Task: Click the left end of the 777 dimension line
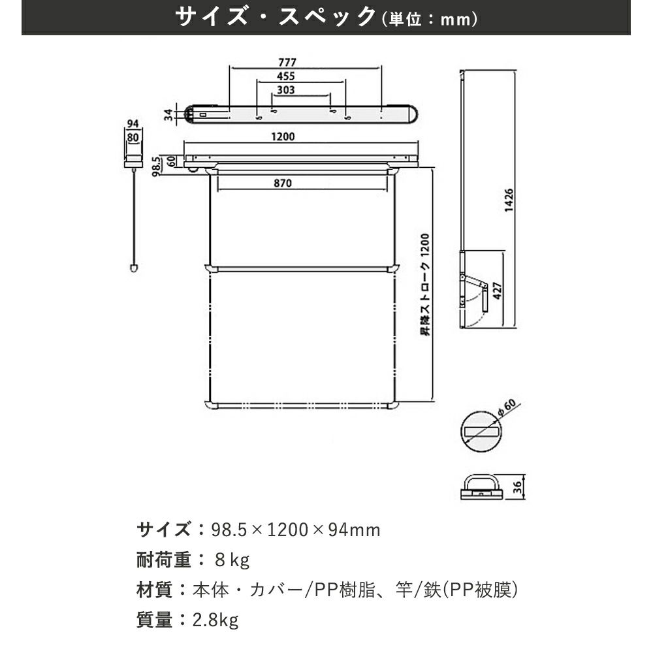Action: (x=229, y=68)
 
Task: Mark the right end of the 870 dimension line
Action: (x=388, y=190)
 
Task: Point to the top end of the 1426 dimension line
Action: (x=516, y=71)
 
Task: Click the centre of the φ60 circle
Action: (x=481, y=432)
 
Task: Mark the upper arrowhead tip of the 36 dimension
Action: (x=524, y=475)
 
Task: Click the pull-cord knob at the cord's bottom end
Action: (x=134, y=268)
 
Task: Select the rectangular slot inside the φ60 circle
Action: (x=481, y=432)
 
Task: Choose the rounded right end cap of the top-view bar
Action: (x=413, y=114)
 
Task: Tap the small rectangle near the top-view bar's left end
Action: (x=203, y=114)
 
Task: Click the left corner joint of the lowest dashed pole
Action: (x=210, y=405)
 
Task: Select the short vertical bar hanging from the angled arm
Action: (x=485, y=298)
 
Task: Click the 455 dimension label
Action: (x=286, y=76)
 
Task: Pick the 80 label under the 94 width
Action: (x=133, y=137)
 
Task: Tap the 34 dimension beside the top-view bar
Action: (x=168, y=114)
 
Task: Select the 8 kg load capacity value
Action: (x=232, y=560)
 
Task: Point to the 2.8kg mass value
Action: (x=215, y=620)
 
